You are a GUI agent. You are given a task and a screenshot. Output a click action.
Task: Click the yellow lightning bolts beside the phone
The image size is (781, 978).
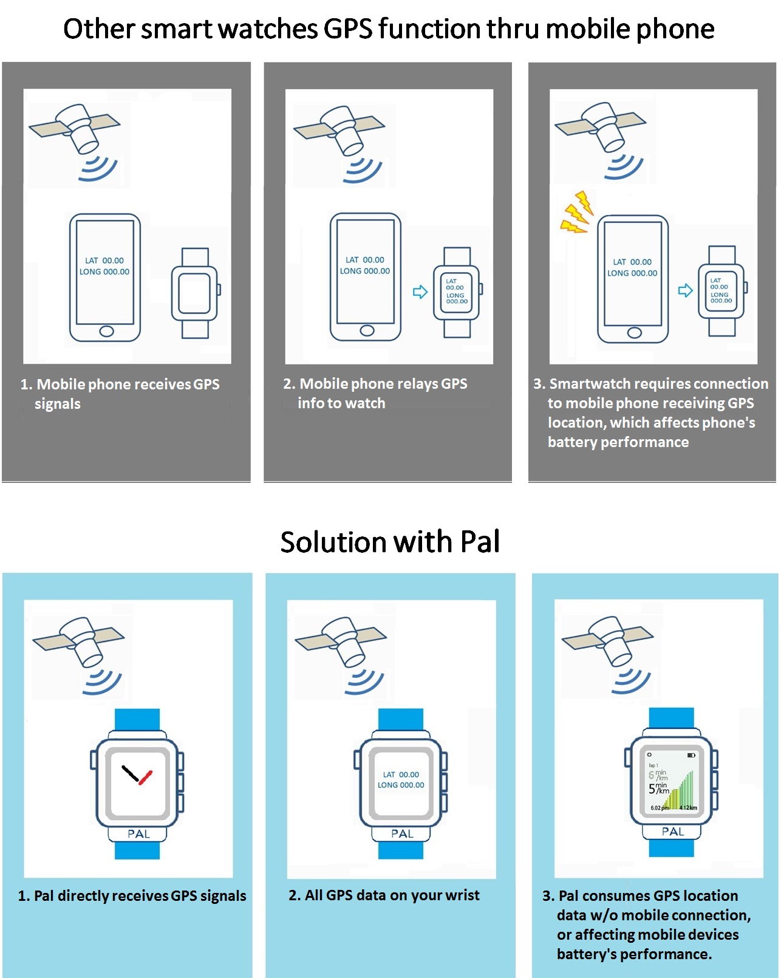(x=575, y=213)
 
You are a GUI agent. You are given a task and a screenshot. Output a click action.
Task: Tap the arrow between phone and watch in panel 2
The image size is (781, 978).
(x=420, y=292)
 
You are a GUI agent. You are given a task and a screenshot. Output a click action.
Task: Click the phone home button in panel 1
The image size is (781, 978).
(x=106, y=331)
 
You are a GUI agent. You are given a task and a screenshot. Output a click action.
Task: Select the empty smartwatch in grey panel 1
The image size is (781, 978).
(x=195, y=293)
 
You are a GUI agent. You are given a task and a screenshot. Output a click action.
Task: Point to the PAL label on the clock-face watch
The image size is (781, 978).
(x=138, y=834)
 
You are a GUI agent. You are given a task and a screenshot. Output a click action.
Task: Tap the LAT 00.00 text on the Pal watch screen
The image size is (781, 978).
(x=401, y=775)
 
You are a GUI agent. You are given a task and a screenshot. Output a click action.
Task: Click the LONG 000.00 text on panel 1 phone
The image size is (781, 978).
(x=104, y=272)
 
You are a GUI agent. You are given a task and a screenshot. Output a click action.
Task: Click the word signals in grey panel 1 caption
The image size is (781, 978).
(x=57, y=404)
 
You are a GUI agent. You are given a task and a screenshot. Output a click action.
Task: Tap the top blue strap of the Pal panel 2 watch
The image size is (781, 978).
(x=401, y=719)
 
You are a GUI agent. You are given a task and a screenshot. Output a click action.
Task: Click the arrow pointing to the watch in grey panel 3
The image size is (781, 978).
(x=685, y=290)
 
